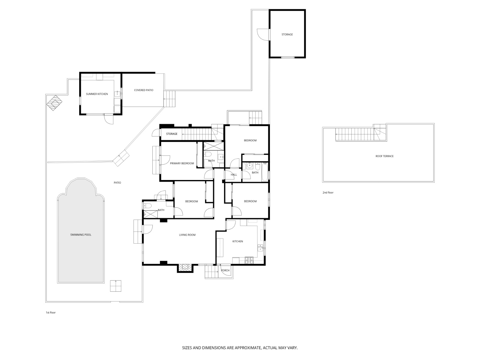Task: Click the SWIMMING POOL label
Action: [x=81, y=235]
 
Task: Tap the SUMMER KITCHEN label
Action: [x=97, y=94]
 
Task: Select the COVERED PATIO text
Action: [x=144, y=90]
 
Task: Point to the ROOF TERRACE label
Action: [x=384, y=156]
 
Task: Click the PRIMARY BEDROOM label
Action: [x=182, y=163]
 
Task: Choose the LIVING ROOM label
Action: [x=187, y=235]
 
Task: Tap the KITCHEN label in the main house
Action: [x=238, y=241]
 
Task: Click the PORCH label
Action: [x=225, y=270]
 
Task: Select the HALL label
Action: [x=234, y=175]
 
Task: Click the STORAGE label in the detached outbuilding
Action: [x=287, y=34]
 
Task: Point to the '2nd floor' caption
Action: [x=328, y=193]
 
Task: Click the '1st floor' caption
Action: [x=51, y=313]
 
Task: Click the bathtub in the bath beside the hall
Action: [x=265, y=172]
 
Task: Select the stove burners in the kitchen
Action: [x=249, y=260]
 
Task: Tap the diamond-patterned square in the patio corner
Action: [x=54, y=103]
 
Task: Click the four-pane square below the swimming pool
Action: [x=116, y=286]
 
